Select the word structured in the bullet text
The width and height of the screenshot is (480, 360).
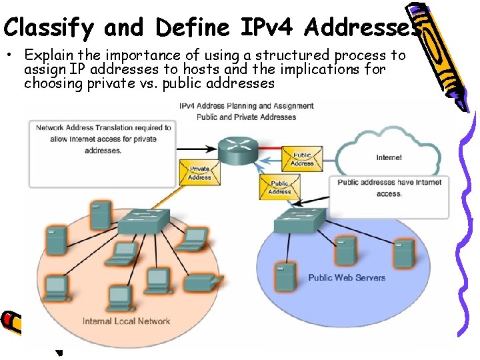pyautogui.click(x=291, y=55)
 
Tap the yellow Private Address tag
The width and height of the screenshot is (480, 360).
pyautogui.click(x=199, y=173)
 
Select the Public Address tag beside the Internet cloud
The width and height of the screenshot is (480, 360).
pyautogui.click(x=302, y=159)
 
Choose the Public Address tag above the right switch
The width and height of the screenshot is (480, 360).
pyautogui.click(x=279, y=187)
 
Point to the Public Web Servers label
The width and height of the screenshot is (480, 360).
pyautogui.click(x=347, y=277)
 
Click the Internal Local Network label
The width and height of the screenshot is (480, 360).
pyautogui.click(x=126, y=321)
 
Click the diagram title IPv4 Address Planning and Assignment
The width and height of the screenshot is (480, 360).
pyautogui.click(x=246, y=105)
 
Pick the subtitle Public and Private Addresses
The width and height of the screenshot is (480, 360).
pyautogui.click(x=246, y=117)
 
